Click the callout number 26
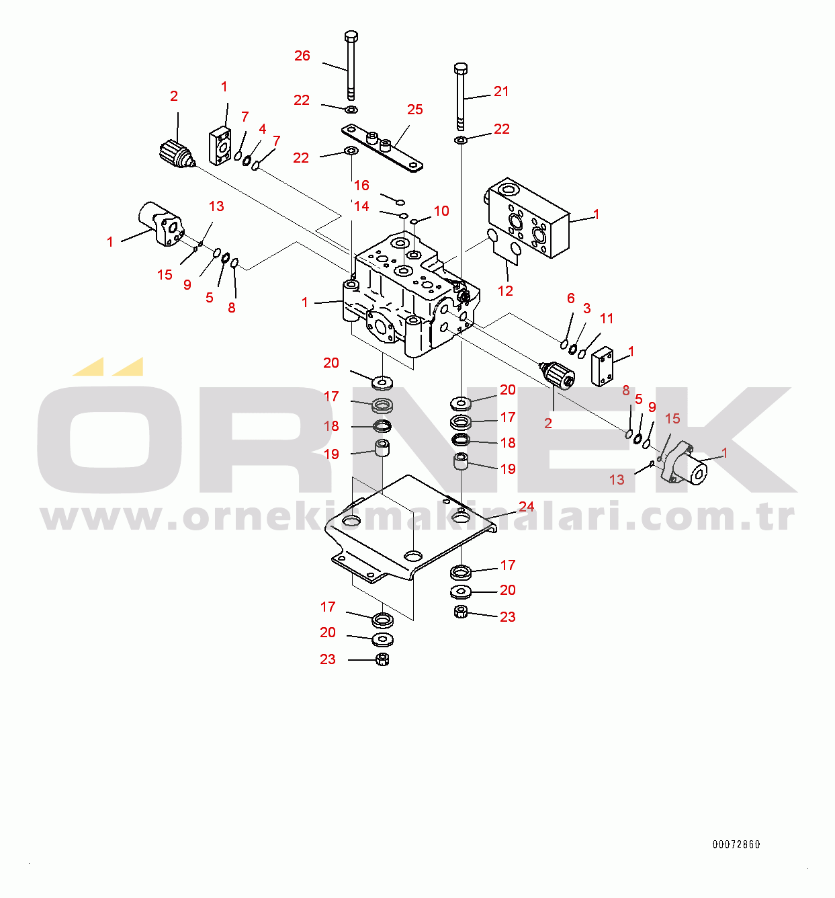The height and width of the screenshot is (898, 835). pyautogui.click(x=302, y=56)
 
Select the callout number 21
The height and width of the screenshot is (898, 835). pyautogui.click(x=501, y=91)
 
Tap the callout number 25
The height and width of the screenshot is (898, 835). pyautogui.click(x=415, y=110)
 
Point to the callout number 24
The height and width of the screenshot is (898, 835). pyautogui.click(x=526, y=507)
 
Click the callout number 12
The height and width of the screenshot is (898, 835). pyautogui.click(x=505, y=290)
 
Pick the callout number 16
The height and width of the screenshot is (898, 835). pyautogui.click(x=361, y=186)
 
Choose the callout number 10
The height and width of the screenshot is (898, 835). pyautogui.click(x=441, y=211)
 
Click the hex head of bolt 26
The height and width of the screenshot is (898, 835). pyautogui.click(x=351, y=36)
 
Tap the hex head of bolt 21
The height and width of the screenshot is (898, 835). pyautogui.click(x=461, y=68)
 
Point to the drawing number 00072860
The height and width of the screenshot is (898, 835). pyautogui.click(x=736, y=844)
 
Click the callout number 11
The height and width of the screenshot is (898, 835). pyautogui.click(x=607, y=319)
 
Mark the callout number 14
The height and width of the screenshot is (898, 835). pyautogui.click(x=361, y=206)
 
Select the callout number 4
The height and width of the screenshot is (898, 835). pyautogui.click(x=262, y=129)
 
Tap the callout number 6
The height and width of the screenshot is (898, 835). pyautogui.click(x=571, y=298)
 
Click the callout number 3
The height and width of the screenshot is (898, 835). pyautogui.click(x=586, y=309)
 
